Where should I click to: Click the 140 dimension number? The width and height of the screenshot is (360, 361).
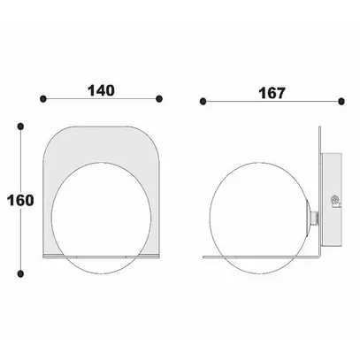(x=101, y=90)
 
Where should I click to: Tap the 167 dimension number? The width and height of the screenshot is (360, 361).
(x=272, y=93)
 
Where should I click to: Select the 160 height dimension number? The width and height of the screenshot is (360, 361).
(x=20, y=200)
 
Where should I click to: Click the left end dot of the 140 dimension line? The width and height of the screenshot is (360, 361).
(x=43, y=99)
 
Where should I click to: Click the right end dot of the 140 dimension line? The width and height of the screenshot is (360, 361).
(x=159, y=99)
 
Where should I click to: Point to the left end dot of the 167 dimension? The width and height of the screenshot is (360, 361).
(x=203, y=102)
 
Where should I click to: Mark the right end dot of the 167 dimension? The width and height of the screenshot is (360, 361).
(x=341, y=102)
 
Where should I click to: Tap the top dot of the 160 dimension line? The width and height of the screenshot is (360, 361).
(x=20, y=127)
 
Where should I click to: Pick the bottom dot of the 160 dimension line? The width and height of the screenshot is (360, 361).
(x=20, y=273)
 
